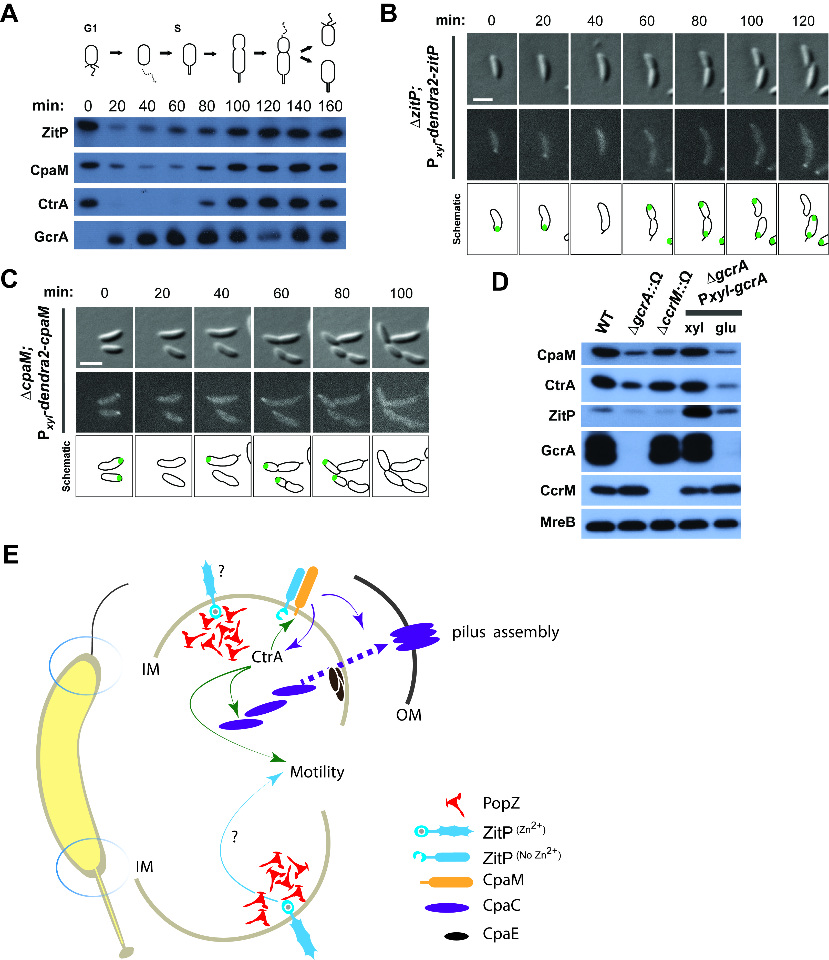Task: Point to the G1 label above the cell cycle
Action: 90,28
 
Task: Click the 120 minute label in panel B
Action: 803,21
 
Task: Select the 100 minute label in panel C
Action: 401,293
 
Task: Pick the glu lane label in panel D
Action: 725,328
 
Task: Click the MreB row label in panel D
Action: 558,522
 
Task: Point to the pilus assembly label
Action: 505,632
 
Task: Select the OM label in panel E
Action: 408,715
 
